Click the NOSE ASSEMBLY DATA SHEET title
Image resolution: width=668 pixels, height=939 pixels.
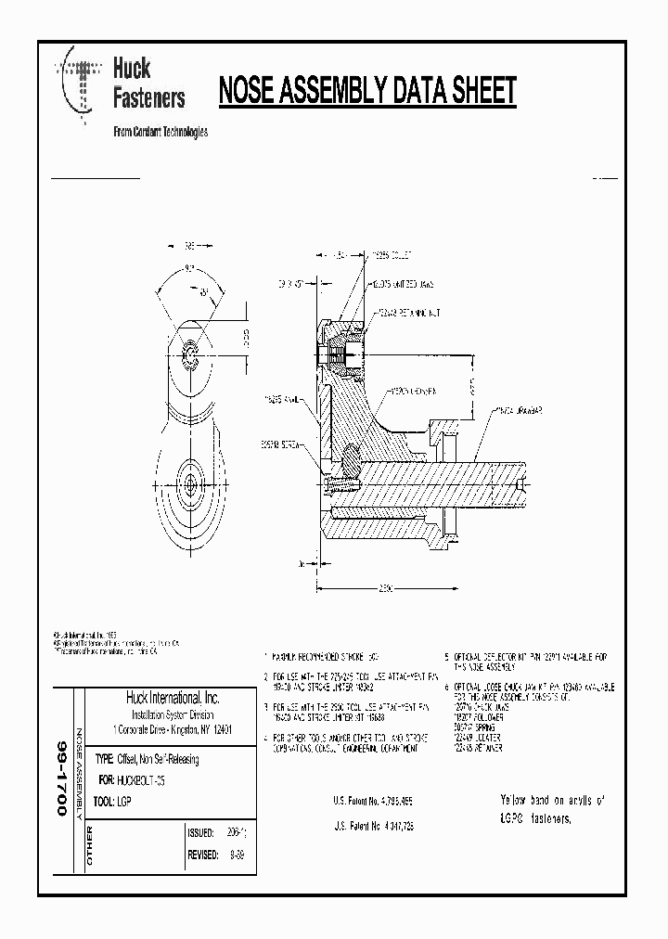[x=366, y=92]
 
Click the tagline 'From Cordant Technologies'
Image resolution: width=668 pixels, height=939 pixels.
[x=160, y=132]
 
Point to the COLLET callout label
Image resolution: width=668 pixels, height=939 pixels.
[x=391, y=253]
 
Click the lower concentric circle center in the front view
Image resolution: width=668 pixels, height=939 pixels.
[x=189, y=482]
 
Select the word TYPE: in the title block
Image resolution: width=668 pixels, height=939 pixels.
[x=103, y=759]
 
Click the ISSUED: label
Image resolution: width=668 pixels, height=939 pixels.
[x=201, y=832]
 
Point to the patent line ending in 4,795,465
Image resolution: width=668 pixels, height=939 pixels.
[x=372, y=799]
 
